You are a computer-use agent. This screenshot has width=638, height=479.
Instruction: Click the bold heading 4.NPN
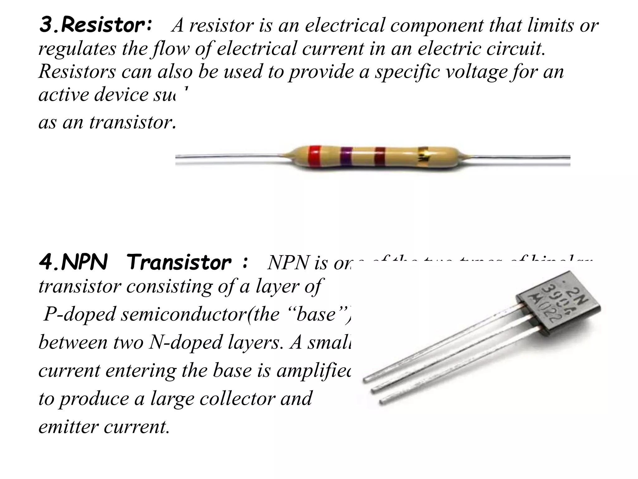[x=74, y=263]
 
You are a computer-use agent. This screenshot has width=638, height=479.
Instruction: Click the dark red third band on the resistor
[x=380, y=158]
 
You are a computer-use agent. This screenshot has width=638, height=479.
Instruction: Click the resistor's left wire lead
[x=231, y=156]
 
